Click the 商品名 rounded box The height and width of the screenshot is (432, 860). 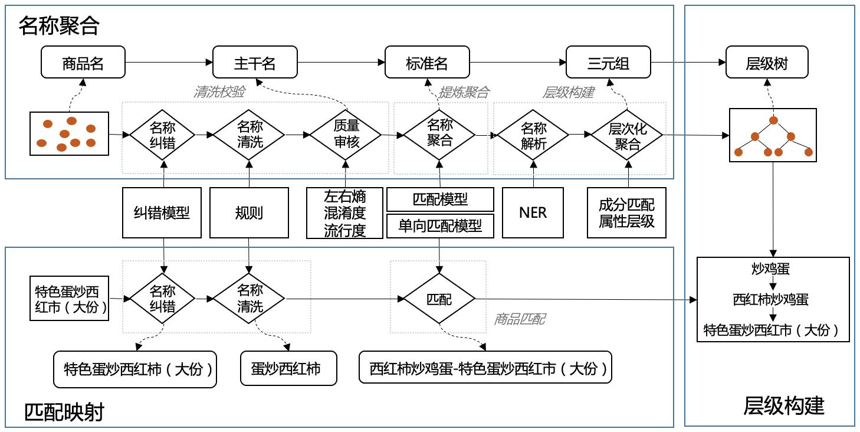pos(83,63)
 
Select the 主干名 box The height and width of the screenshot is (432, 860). pos(255,63)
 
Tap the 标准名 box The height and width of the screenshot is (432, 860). pos(427,63)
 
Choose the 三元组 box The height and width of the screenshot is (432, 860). pos(608,63)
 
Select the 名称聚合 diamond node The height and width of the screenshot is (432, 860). pos(439,134)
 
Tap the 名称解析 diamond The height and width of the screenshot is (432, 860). pos(533,135)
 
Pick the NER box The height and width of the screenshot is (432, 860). pos(533,212)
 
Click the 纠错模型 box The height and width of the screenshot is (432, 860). pos(162,212)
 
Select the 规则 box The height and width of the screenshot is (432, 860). pos(248,212)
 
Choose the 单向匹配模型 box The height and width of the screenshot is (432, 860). pos(440,225)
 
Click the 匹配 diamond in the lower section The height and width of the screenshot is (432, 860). pos(439,299)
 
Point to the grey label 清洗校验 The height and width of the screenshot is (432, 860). pos(219,92)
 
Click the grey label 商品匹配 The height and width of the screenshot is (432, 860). pos(519,319)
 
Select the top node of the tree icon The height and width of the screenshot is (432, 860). pos(773,120)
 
